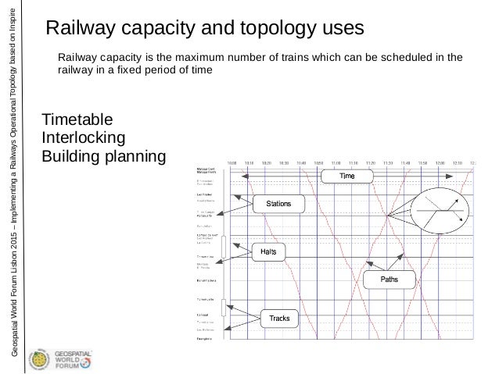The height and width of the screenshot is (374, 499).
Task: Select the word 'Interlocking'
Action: pyautogui.click(x=88, y=139)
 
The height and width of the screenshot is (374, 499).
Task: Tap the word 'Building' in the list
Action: pyautogui.click(x=74, y=157)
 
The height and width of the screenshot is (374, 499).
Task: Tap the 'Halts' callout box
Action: pyautogui.click(x=268, y=251)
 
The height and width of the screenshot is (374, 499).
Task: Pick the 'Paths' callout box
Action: pyautogui.click(x=389, y=279)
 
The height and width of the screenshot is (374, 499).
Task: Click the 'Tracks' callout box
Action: pyautogui.click(x=280, y=318)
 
